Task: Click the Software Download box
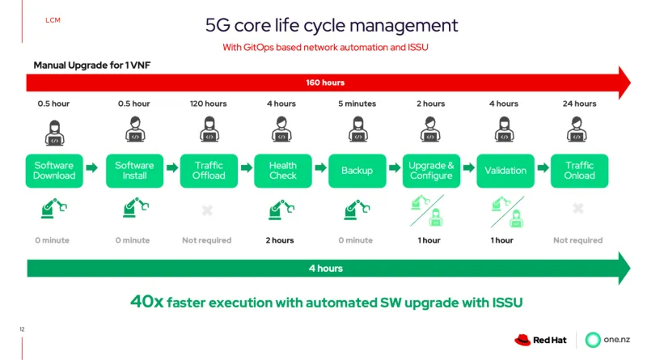(54, 171)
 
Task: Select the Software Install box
(134, 171)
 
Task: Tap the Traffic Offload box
(209, 171)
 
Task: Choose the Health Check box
(283, 171)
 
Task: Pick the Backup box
(357, 171)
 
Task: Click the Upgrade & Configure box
(431, 171)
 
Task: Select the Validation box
(505, 171)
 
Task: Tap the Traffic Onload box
(579, 171)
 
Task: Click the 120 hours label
(209, 104)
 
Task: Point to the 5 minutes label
(357, 104)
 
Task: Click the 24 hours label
(579, 104)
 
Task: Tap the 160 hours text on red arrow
(325, 83)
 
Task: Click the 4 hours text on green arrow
(325, 268)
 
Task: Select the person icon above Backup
(357, 129)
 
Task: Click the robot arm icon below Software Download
(53, 210)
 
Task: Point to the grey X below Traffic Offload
(207, 210)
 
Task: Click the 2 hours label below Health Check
(281, 240)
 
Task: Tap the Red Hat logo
(540, 340)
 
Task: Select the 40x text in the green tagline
(147, 302)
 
